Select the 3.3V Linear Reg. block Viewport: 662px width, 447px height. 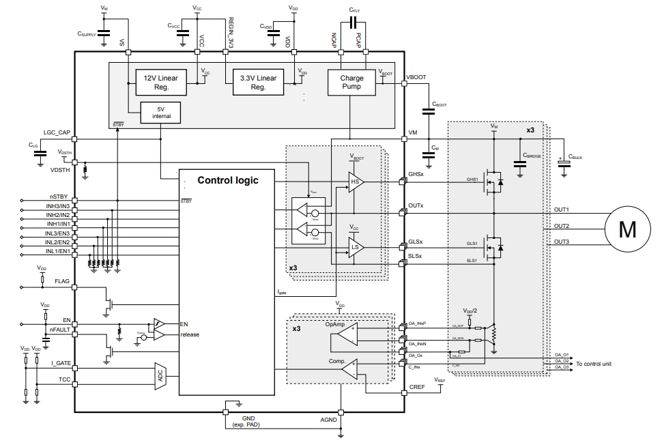[258, 82]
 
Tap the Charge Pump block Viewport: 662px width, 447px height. [351, 82]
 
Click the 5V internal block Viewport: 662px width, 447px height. [161, 113]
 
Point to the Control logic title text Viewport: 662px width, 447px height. [228, 181]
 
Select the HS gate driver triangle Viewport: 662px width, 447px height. [356, 182]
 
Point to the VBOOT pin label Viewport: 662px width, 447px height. [416, 78]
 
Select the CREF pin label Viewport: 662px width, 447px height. [417, 387]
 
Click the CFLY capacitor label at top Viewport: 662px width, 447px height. [354, 10]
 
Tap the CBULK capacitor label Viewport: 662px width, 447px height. [575, 156]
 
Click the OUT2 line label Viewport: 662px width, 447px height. [561, 226]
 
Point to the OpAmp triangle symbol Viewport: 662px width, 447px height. [349, 333]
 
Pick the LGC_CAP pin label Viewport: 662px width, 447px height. [57, 132]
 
